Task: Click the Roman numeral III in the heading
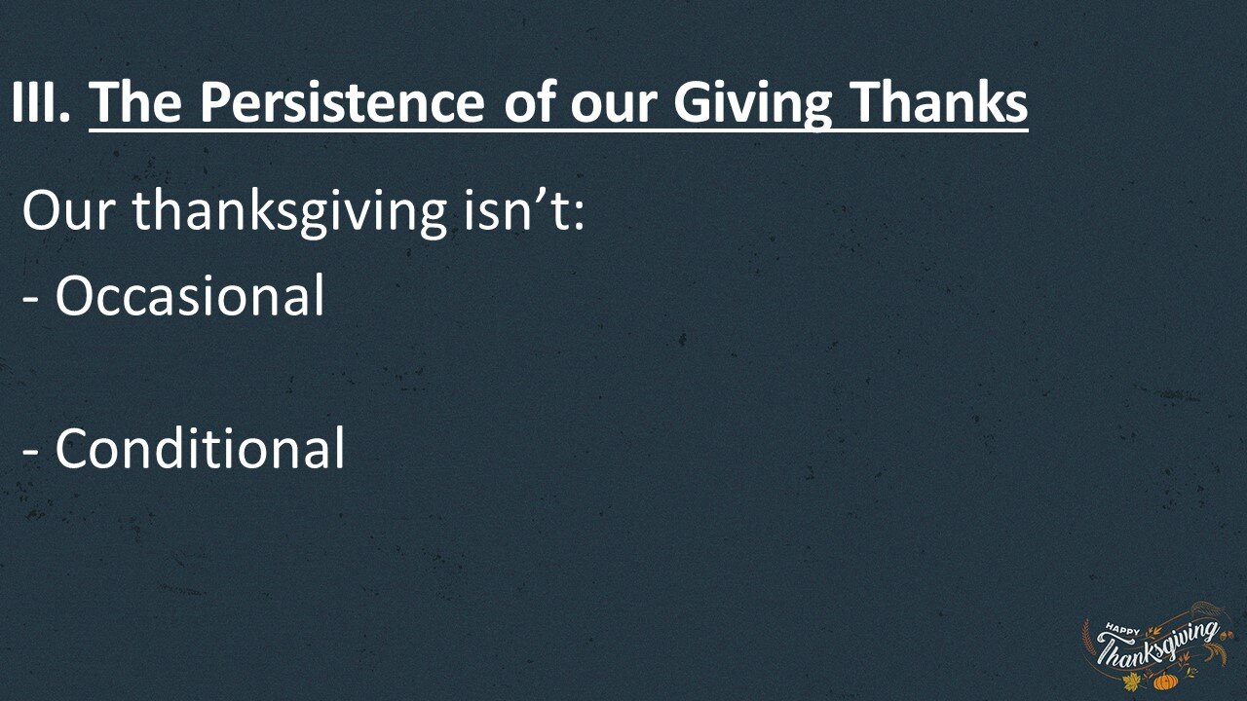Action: click(40, 103)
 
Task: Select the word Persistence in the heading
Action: click(341, 103)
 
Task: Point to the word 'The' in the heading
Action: click(136, 103)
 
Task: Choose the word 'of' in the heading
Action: click(531, 103)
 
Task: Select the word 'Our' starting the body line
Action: click(70, 210)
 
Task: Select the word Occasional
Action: click(189, 296)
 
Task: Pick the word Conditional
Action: click(199, 450)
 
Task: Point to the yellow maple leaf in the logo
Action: click(1131, 683)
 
